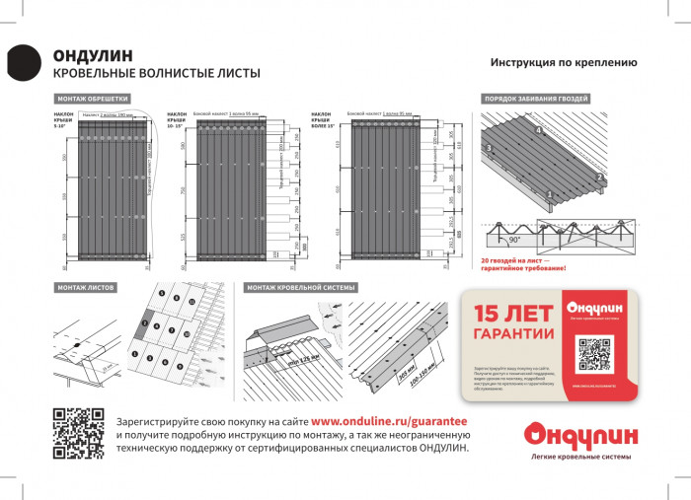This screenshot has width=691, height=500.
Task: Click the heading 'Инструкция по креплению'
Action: [x=563, y=62]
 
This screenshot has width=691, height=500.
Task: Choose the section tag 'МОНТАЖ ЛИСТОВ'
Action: [x=87, y=287]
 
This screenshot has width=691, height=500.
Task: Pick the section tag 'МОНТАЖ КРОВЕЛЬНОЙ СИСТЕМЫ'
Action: [x=302, y=287]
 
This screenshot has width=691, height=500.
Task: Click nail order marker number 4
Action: [x=538, y=130]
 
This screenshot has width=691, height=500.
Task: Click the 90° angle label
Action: [x=514, y=240]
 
